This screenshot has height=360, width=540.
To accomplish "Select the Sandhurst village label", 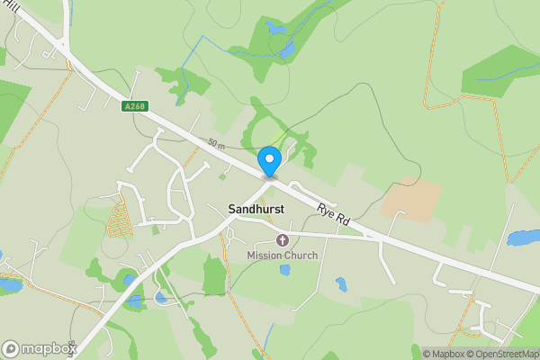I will coord(256,208).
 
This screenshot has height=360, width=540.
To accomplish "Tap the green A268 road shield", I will coord(134,106).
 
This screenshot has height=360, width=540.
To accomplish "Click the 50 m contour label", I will coord(216,144).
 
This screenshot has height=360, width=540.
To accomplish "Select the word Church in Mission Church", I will coord(301,256).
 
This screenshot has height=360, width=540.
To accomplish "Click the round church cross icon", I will coord(283,240).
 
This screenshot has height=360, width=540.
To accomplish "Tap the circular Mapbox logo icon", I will coord(12,348).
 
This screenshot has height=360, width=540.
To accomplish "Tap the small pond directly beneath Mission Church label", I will coord(341,284).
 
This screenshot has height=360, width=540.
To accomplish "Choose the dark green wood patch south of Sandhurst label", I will coord(215,277).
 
